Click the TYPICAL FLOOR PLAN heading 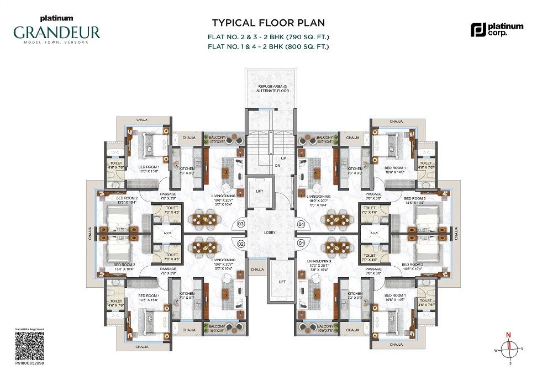268,23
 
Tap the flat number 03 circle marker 241,224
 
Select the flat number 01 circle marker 301,243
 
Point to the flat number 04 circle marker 301,224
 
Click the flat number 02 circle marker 241,243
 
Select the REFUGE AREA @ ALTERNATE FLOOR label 270,88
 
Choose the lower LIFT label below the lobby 282,282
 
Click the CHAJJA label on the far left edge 91,234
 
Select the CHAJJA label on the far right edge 456,234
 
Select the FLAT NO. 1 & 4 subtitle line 268,47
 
